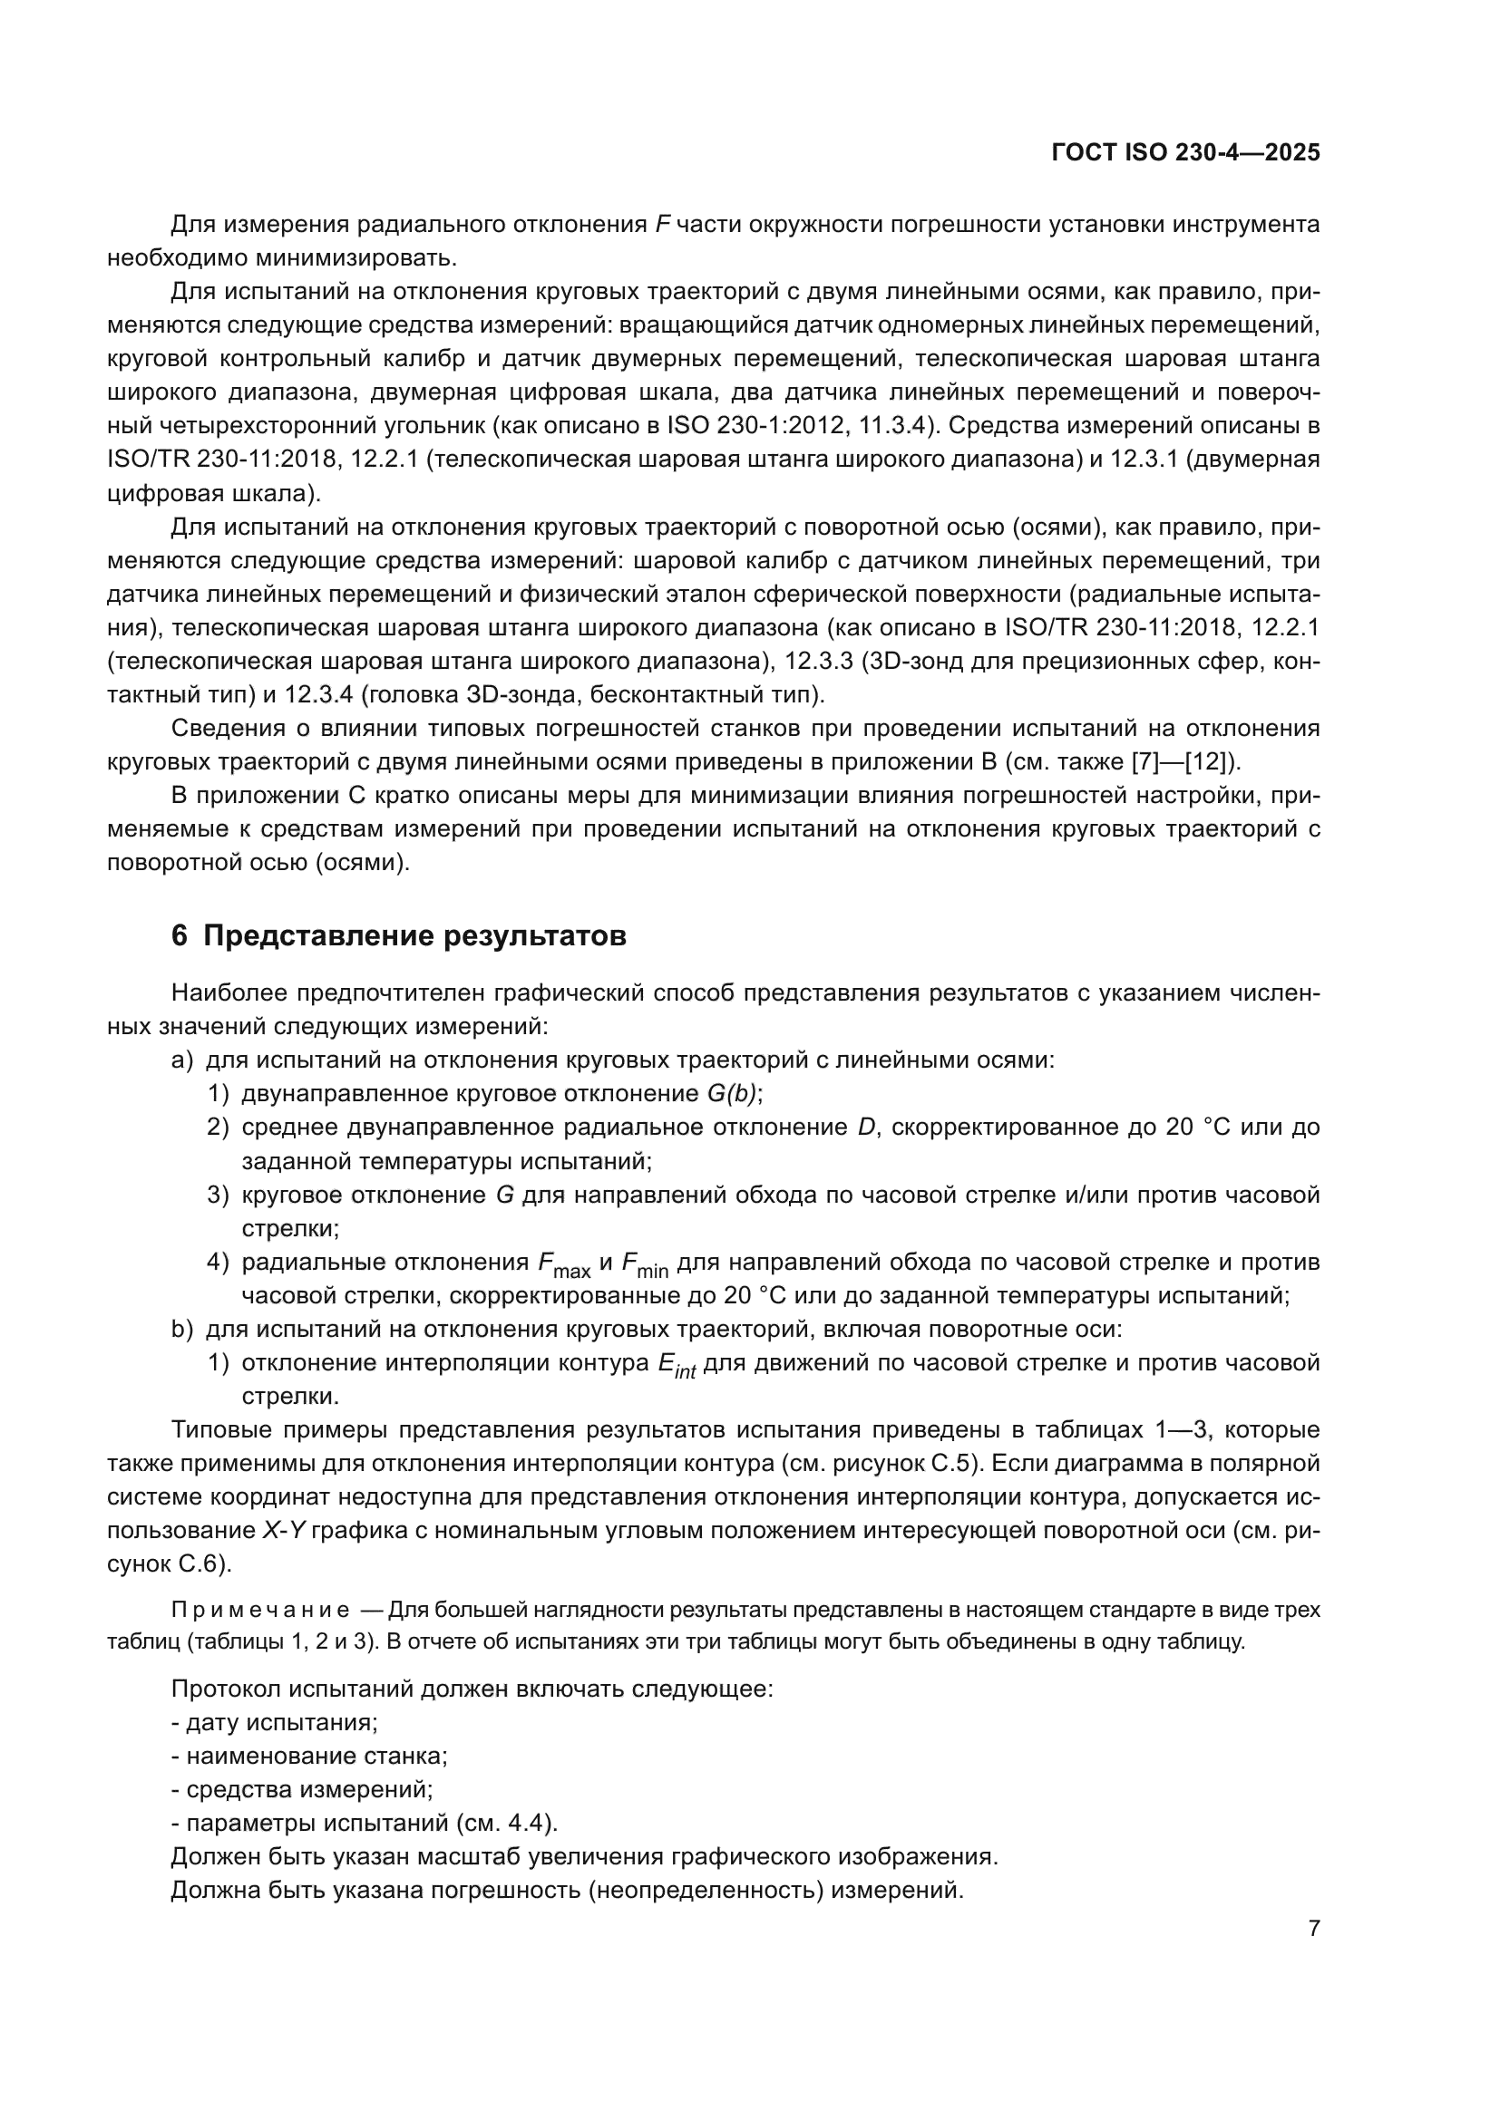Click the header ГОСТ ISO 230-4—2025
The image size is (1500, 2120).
1185,153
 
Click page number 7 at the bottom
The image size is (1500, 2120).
1313,1929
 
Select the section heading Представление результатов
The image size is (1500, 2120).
414,936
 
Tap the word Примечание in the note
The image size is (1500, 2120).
259,1611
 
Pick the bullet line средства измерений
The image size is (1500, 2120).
302,1789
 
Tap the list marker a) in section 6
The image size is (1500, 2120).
181,1060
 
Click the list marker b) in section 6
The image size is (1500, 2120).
181,1330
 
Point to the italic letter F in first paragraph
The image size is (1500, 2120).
661,225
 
